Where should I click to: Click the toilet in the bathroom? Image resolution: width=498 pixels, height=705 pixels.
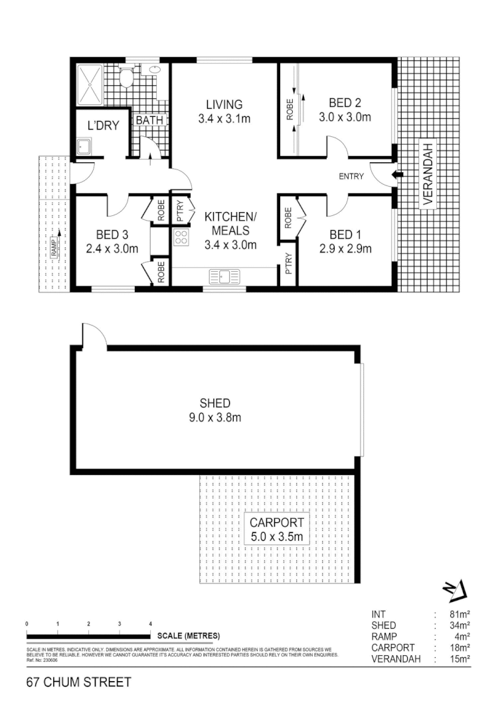pos(125,78)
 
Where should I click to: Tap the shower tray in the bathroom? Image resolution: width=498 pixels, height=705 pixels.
pos(90,84)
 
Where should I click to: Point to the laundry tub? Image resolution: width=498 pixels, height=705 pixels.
pos(84,147)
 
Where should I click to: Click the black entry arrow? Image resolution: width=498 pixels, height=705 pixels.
pos(397,175)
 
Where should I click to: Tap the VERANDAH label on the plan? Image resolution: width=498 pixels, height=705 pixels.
pos(428,175)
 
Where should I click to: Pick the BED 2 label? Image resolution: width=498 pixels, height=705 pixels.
pos(345,103)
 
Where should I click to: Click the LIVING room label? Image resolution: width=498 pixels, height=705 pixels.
pos(224,105)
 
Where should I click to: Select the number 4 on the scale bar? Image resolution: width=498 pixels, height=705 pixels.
pos(150,623)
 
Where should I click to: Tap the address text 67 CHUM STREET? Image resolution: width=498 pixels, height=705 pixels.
pos(79,682)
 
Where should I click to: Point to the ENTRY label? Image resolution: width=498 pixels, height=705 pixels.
pos(352,176)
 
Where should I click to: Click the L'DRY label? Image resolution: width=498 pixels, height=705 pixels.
pos(103,125)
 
